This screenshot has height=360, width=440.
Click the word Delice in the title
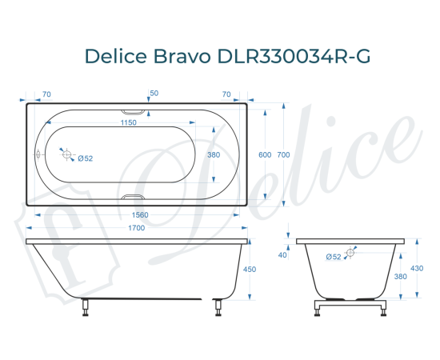tap(118, 57)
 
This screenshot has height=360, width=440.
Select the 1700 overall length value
tap(136, 229)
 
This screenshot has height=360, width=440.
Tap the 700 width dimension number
tap(282, 155)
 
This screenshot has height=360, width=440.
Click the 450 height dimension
tap(249, 270)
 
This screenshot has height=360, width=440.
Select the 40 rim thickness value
tap(282, 255)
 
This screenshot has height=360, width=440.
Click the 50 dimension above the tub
tap(154, 94)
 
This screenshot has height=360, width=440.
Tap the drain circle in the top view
tap(67, 155)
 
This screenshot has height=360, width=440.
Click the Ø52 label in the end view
tap(334, 256)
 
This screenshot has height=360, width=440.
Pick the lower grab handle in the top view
tap(134, 196)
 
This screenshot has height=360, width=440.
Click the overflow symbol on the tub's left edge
tap(36, 154)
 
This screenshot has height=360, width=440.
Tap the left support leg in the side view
tap(86, 307)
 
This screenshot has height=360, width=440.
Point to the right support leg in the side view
tap(216, 307)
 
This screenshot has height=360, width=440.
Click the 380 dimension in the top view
tap(214, 155)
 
